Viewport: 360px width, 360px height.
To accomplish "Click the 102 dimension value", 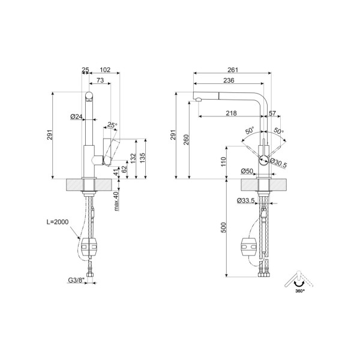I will tap(105, 70).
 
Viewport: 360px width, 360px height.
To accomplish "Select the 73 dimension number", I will tap(101, 80).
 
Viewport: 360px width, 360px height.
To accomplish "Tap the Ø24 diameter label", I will tap(76, 116).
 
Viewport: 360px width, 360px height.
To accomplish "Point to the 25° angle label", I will tap(112, 125).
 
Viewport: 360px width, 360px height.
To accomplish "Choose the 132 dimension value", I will tap(132, 158).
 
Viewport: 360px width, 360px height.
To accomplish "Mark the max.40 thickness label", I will tap(116, 200).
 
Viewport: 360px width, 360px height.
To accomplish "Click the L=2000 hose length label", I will tap(58, 222).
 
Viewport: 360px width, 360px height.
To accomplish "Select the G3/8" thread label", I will tap(76, 280).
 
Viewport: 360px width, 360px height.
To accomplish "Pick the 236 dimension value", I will tap(229, 80).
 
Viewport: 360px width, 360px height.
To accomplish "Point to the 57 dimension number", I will tap(272, 113).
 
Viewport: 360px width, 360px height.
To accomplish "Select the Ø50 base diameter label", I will tap(247, 172).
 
